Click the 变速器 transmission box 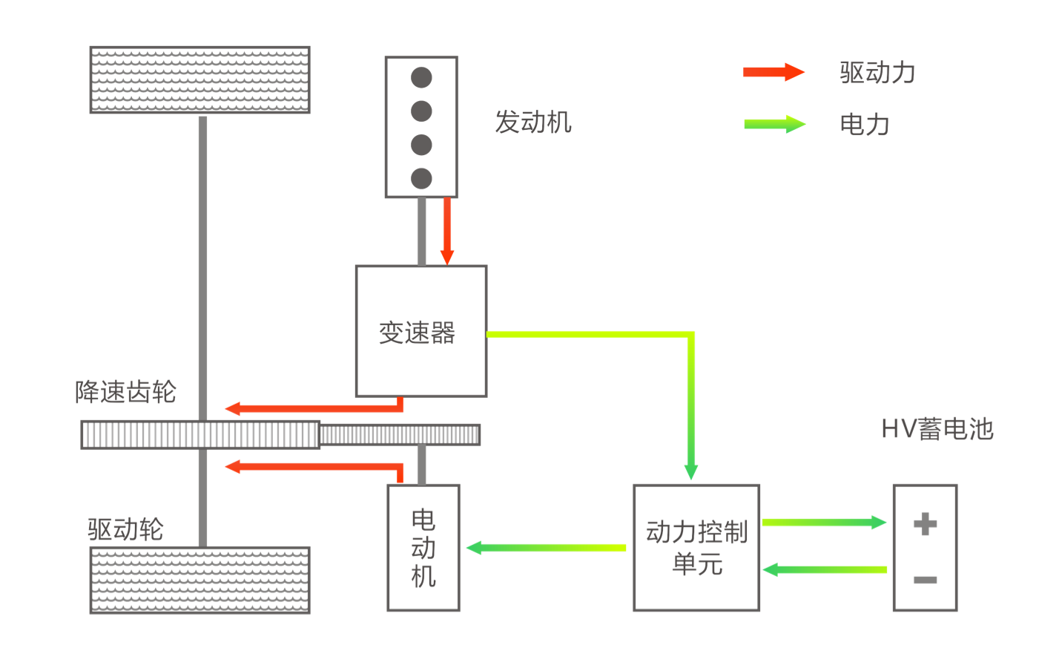pyautogui.click(x=420, y=331)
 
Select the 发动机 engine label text pyautogui.click(x=533, y=122)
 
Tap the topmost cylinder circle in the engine pyautogui.click(x=421, y=77)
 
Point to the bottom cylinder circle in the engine pyautogui.click(x=421, y=178)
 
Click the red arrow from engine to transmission pyautogui.click(x=446, y=230)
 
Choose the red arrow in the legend pyautogui.click(x=774, y=72)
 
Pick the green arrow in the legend pyautogui.click(x=774, y=124)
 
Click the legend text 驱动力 pyautogui.click(x=877, y=73)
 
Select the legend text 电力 pyautogui.click(x=864, y=124)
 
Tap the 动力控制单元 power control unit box pyautogui.click(x=696, y=548)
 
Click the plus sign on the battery pyautogui.click(x=925, y=523)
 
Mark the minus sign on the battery pyautogui.click(x=925, y=580)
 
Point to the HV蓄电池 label pyautogui.click(x=937, y=429)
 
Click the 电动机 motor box pyautogui.click(x=423, y=548)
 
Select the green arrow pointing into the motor pyautogui.click(x=546, y=548)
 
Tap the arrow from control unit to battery pyautogui.click(x=824, y=522)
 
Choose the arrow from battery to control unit pyautogui.click(x=824, y=569)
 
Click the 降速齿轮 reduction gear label pyautogui.click(x=126, y=391)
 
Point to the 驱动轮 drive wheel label pyautogui.click(x=125, y=529)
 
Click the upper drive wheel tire pyautogui.click(x=200, y=80)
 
